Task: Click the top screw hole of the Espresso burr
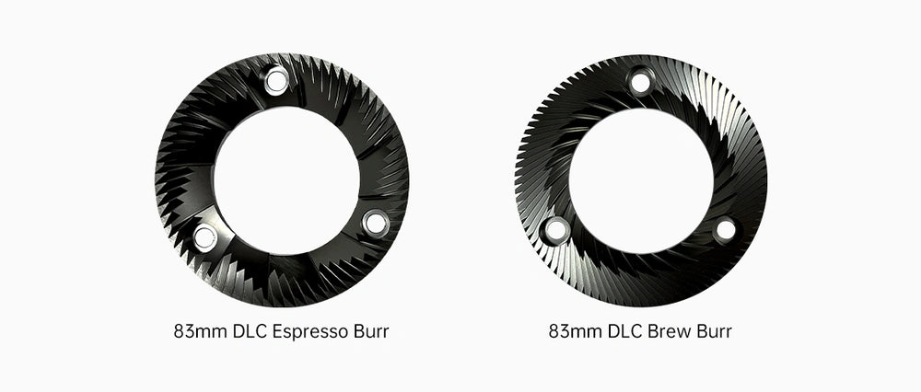click(276, 80)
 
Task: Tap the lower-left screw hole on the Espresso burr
click(204, 237)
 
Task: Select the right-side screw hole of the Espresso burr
click(376, 223)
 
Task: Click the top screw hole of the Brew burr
click(640, 82)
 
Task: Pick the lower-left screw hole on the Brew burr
click(556, 230)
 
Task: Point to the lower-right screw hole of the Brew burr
click(726, 229)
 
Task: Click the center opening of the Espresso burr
click(286, 180)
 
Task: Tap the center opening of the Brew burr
click(641, 180)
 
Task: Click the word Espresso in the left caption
click(310, 332)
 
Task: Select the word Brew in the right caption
click(669, 331)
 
